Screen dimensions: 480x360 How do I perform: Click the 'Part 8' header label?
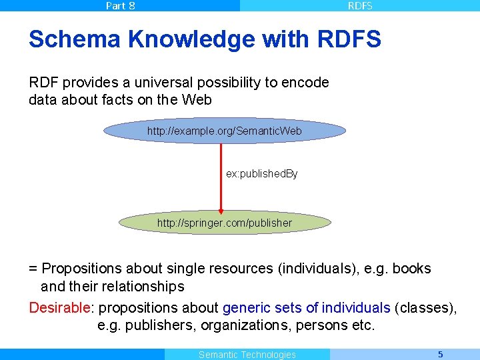120,6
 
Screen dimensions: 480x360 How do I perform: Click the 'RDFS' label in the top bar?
360,6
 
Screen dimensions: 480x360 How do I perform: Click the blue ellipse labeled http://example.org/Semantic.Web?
225,131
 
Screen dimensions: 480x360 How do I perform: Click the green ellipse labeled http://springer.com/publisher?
225,223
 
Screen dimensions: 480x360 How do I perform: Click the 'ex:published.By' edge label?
262,173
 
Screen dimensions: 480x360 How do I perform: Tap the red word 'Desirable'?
59,307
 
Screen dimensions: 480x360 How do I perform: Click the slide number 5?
440,354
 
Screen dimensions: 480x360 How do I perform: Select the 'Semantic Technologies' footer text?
247,355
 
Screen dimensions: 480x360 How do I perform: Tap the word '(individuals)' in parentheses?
319,269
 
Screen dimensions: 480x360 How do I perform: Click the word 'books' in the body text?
411,269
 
